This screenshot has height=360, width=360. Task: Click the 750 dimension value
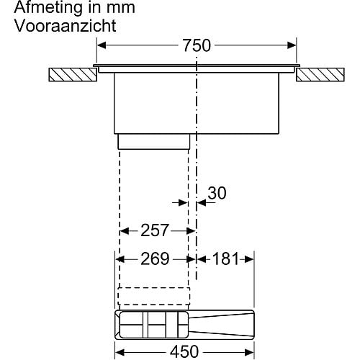click(197, 45)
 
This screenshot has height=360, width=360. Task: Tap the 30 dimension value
click(217, 193)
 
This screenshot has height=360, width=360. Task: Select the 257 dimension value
click(155, 230)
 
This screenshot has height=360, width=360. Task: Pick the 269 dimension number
click(155, 259)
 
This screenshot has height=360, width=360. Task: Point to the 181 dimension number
click(225, 259)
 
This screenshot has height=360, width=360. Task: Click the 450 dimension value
click(184, 352)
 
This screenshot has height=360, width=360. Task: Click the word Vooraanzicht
click(66, 26)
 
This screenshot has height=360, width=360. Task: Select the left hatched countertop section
click(73, 75)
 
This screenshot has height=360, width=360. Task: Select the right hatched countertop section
click(320, 75)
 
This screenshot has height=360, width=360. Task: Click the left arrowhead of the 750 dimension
click(101, 45)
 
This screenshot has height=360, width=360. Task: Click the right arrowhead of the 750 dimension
click(292, 45)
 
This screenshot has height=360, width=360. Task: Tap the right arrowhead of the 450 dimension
click(249, 352)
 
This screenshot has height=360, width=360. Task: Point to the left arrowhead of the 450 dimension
click(120, 352)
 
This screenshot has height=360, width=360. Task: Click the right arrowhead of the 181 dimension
click(249, 259)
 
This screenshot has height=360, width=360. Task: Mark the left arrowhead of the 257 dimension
click(125, 231)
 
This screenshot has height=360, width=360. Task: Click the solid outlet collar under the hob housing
click(154, 142)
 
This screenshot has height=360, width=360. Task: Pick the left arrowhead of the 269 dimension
click(120, 259)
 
